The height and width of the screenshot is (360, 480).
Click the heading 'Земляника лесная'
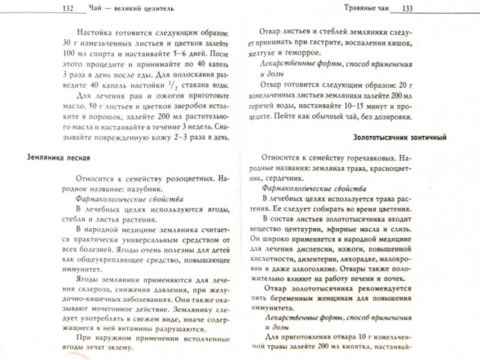59,156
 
